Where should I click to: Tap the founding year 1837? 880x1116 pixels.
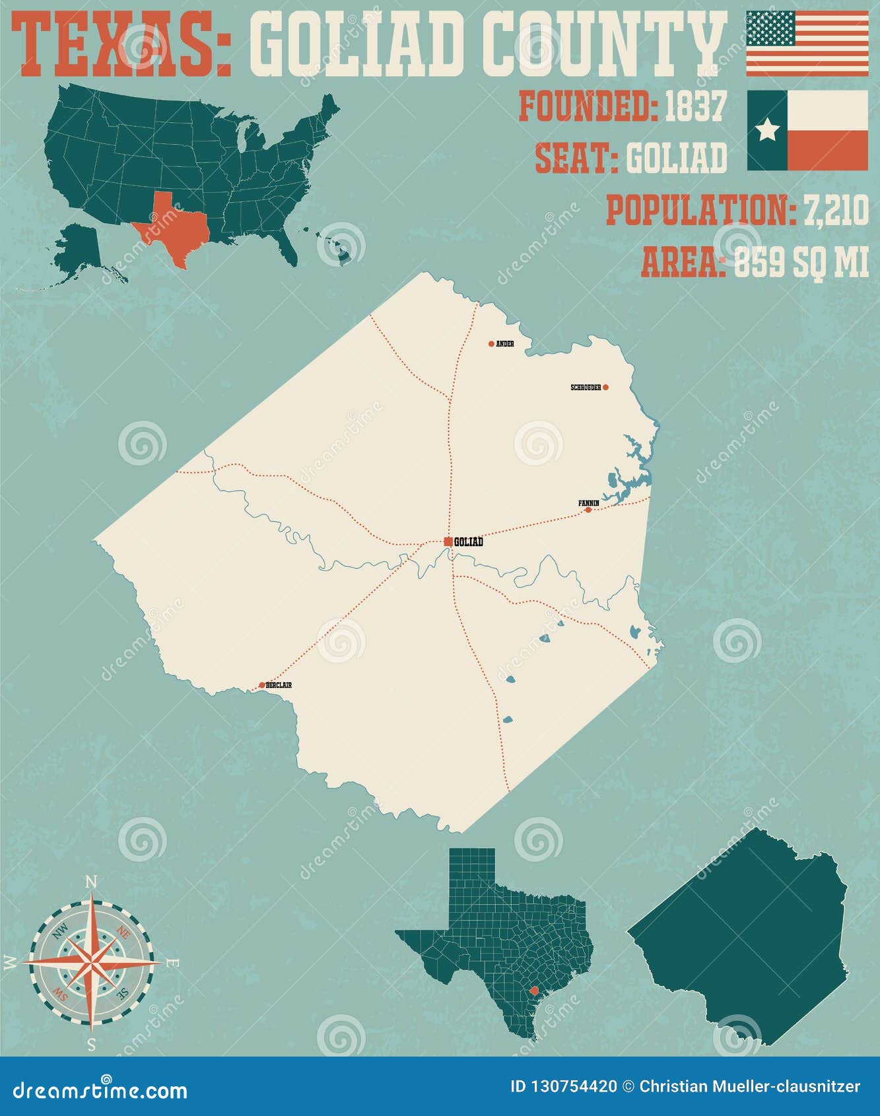click(x=696, y=106)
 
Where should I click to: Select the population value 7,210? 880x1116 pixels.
click(x=836, y=211)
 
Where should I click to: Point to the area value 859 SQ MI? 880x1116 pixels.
click(x=801, y=263)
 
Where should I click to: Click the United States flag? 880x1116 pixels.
click(x=807, y=43)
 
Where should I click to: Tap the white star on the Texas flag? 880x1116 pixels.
click(x=767, y=130)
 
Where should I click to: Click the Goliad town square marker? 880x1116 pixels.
click(x=448, y=541)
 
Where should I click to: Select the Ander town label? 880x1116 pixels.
click(x=505, y=344)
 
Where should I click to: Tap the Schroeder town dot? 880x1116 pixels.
click(x=605, y=388)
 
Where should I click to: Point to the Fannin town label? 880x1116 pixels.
click(x=588, y=503)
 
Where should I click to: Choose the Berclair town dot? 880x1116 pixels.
click(x=262, y=685)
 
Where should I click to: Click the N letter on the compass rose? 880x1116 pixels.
click(x=92, y=882)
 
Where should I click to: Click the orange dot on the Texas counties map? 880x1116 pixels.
click(x=534, y=990)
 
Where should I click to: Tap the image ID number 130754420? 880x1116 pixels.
click(x=572, y=1087)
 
